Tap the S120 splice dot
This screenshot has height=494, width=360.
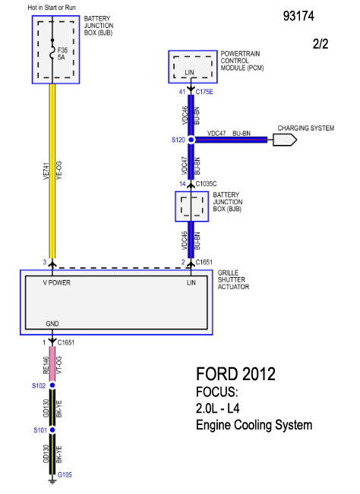[191, 140]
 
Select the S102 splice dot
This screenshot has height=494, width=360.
[52, 385]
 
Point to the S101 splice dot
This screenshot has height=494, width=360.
[52, 429]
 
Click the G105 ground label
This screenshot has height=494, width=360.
[65, 474]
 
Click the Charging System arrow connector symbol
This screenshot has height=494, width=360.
[285, 140]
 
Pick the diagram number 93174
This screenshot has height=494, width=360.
[298, 16]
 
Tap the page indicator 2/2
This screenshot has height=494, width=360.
[321, 43]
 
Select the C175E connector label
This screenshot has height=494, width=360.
[204, 92]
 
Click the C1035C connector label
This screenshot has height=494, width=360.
[206, 184]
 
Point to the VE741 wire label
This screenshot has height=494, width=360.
[46, 171]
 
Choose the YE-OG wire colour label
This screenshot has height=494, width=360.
[59, 171]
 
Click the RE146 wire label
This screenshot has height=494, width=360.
[46, 365]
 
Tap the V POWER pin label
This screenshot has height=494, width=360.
[57, 282]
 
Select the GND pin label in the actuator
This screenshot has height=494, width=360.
[52, 323]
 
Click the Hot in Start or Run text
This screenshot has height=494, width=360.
[52, 8]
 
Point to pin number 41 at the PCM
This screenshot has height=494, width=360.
[182, 92]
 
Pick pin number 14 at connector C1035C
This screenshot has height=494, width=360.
[182, 184]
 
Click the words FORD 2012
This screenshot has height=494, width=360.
[235, 374]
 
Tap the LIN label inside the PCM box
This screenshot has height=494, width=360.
[189, 72]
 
